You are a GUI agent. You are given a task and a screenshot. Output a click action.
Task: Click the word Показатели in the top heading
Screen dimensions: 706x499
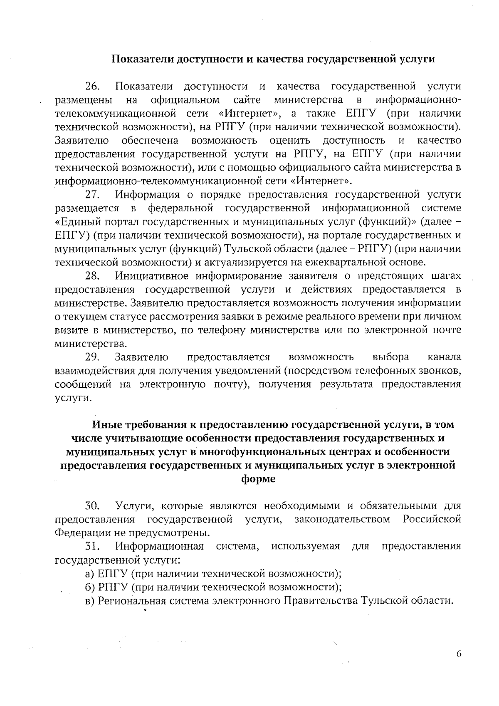[142, 59]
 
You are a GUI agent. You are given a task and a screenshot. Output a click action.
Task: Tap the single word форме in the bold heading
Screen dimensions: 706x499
[258, 479]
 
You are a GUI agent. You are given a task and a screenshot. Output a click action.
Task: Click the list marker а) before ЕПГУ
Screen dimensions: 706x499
[90, 574]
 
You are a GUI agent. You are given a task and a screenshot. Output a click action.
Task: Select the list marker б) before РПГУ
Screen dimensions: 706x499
[90, 587]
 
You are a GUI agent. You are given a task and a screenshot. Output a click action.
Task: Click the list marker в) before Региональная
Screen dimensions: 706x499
[90, 601]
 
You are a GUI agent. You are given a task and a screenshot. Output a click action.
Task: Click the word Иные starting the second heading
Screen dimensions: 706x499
[105, 425]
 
